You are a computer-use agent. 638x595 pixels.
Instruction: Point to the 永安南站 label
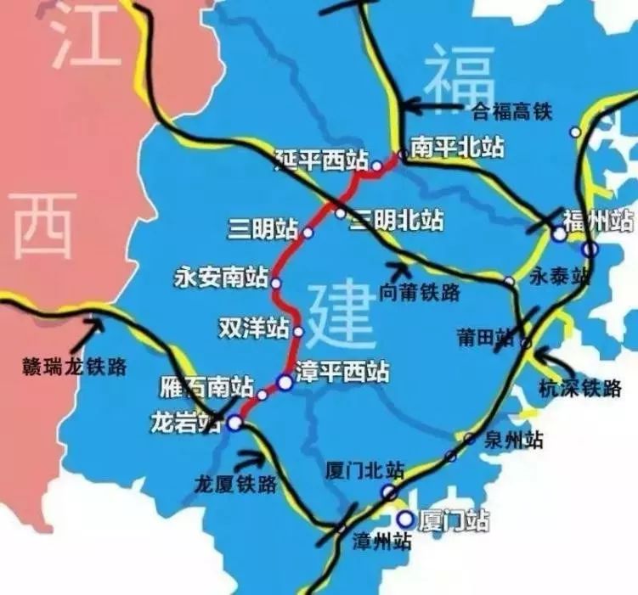pyautogui.click(x=221, y=278)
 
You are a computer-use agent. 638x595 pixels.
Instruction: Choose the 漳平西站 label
pyautogui.click(x=343, y=372)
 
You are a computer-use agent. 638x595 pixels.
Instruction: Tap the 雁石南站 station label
pyautogui.click(x=206, y=389)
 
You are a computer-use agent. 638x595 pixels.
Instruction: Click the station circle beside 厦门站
pyautogui.click(x=406, y=519)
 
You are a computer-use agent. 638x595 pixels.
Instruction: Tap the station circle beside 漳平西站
pyautogui.click(x=285, y=383)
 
